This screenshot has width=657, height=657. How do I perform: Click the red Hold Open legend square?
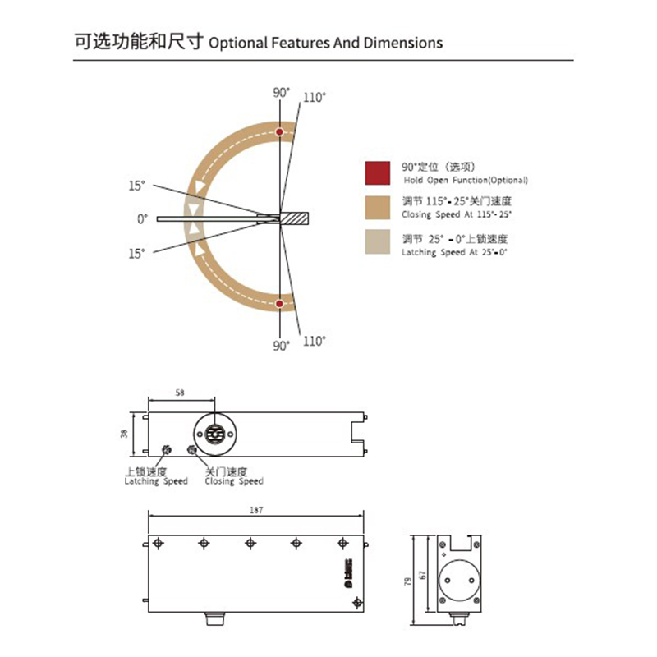point(378,172)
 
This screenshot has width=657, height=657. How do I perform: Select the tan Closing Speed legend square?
point(378,207)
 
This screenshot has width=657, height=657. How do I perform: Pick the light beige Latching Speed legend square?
point(378,241)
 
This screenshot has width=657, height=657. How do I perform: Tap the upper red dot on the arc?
point(280,131)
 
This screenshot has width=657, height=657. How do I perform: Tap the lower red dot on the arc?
point(280,304)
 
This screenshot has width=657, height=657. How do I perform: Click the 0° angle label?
point(142,219)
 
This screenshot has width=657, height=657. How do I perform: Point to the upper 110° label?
point(314,97)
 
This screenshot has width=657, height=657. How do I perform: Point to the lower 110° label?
point(314,340)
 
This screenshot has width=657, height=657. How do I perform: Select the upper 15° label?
point(137,185)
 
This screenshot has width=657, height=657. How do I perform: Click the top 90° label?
point(281,92)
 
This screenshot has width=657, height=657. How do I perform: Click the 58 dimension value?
point(180,393)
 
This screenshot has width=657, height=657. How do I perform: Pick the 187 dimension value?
point(255,510)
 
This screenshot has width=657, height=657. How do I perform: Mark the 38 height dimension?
point(125,434)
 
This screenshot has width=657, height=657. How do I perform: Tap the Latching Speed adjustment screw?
point(166,449)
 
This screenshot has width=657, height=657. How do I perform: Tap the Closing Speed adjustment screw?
point(193,449)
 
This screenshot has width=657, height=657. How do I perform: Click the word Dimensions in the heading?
point(402,43)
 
